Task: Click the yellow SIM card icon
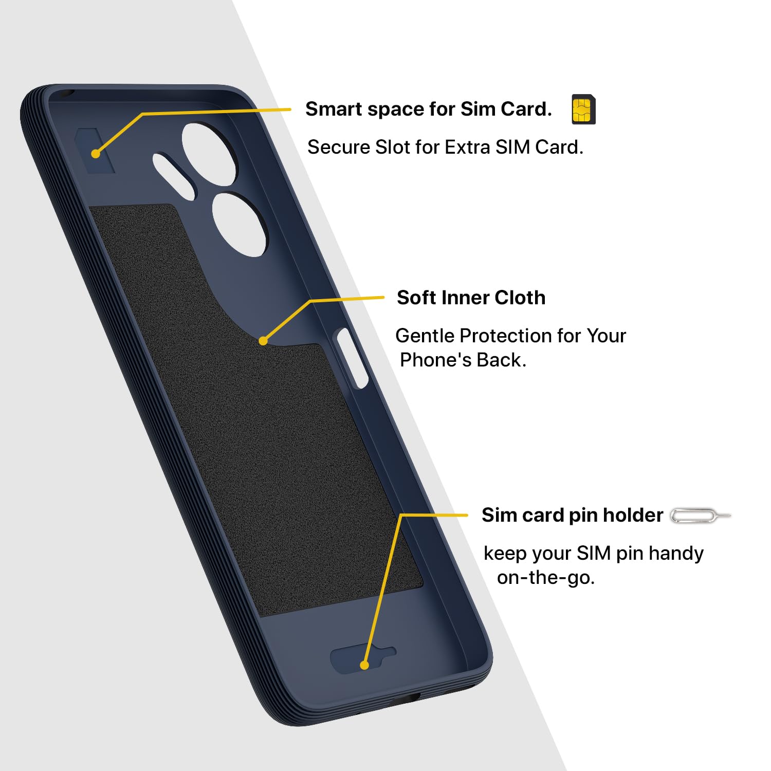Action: pos(583,109)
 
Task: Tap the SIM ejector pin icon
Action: pos(700,516)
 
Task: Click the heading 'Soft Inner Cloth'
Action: pos(471,298)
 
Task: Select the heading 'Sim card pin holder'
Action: pos(572,515)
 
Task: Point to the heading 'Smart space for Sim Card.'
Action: pos(428,109)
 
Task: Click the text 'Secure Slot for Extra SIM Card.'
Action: pos(445,148)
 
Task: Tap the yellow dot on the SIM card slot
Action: pos(95,153)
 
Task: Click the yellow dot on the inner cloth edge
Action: pos(263,341)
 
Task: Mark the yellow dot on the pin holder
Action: pos(364,665)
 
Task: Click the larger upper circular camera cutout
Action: pos(210,154)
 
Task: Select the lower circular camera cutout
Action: pos(240,224)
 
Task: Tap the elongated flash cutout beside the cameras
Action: pos(174,175)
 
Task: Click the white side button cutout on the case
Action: pos(352,358)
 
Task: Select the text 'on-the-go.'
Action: pos(545,578)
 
